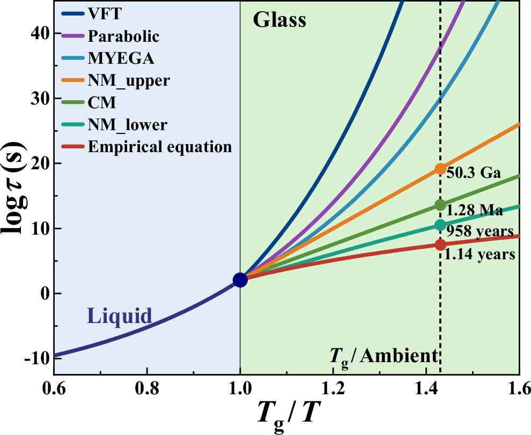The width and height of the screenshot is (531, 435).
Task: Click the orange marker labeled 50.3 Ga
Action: click(x=440, y=169)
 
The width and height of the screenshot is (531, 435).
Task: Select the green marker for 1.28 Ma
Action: click(x=440, y=205)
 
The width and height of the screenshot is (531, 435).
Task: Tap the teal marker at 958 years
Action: click(x=440, y=225)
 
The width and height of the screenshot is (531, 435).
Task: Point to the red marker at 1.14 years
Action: click(x=440, y=244)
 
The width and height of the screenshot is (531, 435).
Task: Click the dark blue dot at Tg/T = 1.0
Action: click(x=240, y=280)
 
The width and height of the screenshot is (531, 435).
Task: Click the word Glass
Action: click(x=279, y=20)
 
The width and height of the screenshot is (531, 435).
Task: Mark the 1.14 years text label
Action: click(x=480, y=254)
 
